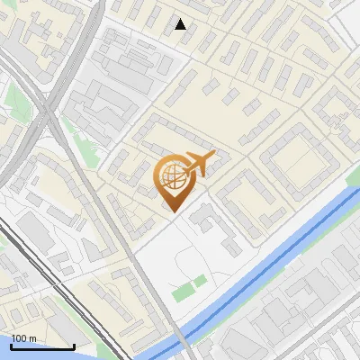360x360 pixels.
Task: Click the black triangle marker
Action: coord(181,24)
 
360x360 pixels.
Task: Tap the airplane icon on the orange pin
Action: coord(198,164)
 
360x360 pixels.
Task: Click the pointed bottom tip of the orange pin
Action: coord(173,211)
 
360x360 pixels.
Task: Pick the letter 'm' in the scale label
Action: coord(32,337)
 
